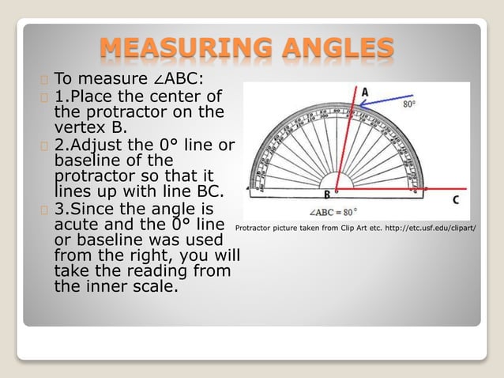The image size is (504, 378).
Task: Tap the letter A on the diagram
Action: (364, 93)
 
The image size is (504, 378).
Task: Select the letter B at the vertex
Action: (325, 195)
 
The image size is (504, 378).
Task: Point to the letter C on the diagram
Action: (456, 198)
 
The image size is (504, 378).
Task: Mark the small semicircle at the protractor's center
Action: (337, 187)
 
